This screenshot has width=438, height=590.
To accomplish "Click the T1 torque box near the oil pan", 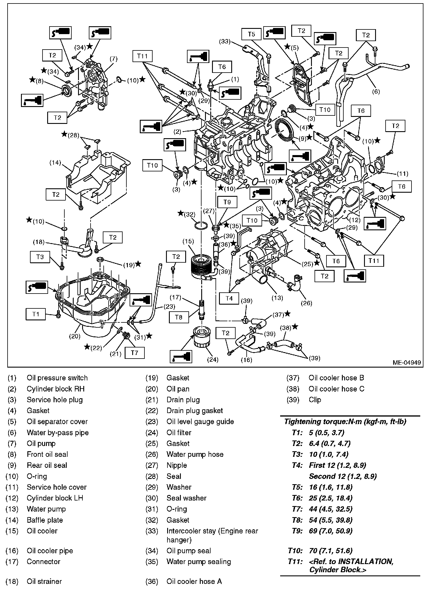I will [x=36, y=314].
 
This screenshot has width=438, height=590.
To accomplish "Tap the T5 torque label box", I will [x=251, y=34].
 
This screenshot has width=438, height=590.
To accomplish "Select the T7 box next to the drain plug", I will [x=135, y=353].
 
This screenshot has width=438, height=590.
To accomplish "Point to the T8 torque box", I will [x=179, y=317].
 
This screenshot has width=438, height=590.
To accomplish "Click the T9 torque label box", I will [x=227, y=202].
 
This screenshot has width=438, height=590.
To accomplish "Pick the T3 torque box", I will [x=40, y=257].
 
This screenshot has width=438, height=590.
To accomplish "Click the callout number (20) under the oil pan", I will [x=75, y=336].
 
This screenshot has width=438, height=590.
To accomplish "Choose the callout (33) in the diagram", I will [x=225, y=42].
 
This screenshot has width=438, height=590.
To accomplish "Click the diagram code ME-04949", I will [x=407, y=363].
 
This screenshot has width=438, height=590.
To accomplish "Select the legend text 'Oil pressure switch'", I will [x=57, y=378].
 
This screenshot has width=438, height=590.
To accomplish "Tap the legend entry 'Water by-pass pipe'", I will [x=58, y=433].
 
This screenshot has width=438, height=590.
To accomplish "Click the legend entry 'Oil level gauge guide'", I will [x=200, y=422].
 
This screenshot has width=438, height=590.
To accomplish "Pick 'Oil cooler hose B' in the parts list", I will [x=336, y=378].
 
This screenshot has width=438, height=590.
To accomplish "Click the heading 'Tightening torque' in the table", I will [x=345, y=422].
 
